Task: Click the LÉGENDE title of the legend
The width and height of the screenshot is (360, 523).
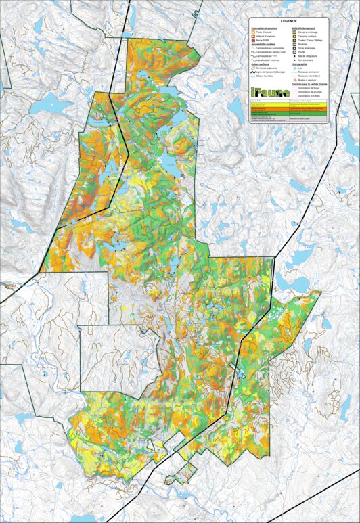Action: pos(288,21)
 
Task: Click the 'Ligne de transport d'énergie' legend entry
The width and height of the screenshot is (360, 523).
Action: pos(271,72)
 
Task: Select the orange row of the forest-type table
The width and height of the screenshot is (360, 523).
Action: pos(288,109)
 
